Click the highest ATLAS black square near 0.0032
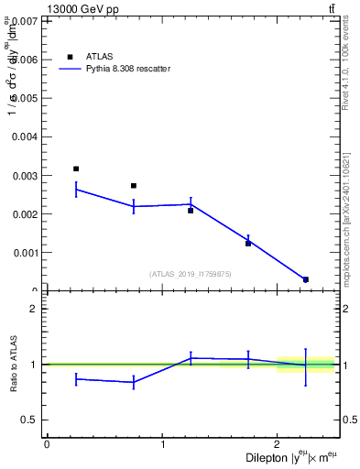point(76,169)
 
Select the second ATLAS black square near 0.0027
point(134,186)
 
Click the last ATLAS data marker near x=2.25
point(306,279)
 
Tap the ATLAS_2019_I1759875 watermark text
point(190,273)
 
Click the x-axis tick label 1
point(163,444)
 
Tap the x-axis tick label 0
point(47,444)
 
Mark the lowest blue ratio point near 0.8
point(134,382)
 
